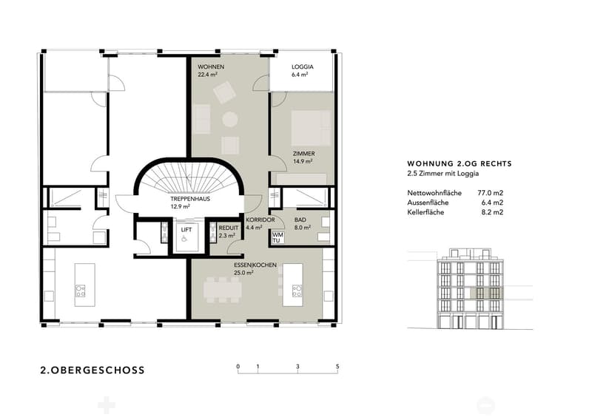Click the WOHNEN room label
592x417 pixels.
click(x=211, y=67)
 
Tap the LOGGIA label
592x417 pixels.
click(x=303, y=67)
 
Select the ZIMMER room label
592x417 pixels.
click(x=304, y=154)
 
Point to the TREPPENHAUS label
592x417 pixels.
click(x=190, y=199)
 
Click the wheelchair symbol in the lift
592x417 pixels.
click(x=184, y=239)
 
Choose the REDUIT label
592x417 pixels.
click(x=229, y=228)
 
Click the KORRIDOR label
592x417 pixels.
click(x=260, y=220)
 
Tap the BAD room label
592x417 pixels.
click(x=300, y=220)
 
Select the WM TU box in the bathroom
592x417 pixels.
click(x=277, y=238)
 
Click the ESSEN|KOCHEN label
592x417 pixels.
click(x=255, y=265)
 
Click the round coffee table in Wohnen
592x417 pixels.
click(x=230, y=119)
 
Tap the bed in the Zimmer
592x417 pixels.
click(x=311, y=129)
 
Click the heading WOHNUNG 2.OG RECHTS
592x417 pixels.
click(x=460, y=164)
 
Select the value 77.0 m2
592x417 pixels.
click(x=491, y=193)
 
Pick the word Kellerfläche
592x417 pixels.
click(x=425, y=212)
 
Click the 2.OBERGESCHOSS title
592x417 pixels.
click(x=92, y=370)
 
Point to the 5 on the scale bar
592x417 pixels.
click(x=337, y=367)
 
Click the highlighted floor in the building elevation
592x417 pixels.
click(x=486, y=294)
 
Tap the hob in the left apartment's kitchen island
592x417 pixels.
click(x=81, y=291)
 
